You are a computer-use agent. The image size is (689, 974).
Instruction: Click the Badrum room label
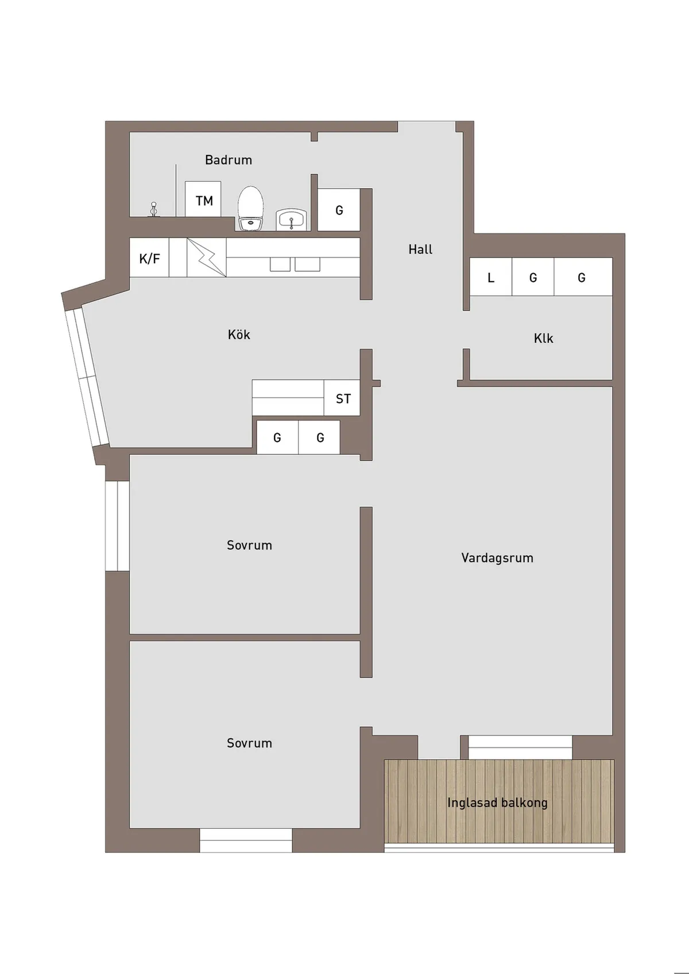pyautogui.click(x=228, y=160)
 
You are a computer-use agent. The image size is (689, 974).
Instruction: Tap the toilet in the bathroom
pyautogui.click(x=251, y=208)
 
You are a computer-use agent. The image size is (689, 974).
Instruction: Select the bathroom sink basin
pyautogui.click(x=292, y=220)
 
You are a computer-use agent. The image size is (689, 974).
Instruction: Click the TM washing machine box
pyautogui.click(x=203, y=198)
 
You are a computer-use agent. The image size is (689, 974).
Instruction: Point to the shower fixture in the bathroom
pyautogui.click(x=153, y=209)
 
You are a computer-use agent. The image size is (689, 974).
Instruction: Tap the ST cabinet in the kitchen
pyautogui.click(x=342, y=398)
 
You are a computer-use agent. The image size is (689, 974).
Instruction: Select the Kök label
pyautogui.click(x=239, y=334)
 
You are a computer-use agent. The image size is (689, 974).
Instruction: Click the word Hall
pyautogui.click(x=420, y=249)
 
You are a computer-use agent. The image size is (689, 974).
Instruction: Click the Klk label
pyautogui.click(x=543, y=338)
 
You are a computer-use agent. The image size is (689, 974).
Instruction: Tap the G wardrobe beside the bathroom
pyautogui.click(x=339, y=209)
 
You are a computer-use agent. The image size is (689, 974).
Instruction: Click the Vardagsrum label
pyautogui.click(x=497, y=558)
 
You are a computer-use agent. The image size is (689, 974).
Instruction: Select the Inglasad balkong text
pyautogui.click(x=497, y=802)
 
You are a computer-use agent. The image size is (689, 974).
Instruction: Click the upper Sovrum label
pyautogui.click(x=249, y=545)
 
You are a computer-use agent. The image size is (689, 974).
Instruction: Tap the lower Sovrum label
pyautogui.click(x=249, y=743)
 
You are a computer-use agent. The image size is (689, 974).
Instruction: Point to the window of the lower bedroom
pyautogui.click(x=246, y=840)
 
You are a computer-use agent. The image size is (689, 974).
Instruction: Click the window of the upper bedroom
pyautogui.click(x=118, y=525)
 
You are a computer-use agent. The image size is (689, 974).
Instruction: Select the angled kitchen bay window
pyautogui.click(x=87, y=376)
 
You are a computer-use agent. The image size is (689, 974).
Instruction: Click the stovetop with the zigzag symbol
pyautogui.click(x=206, y=257)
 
